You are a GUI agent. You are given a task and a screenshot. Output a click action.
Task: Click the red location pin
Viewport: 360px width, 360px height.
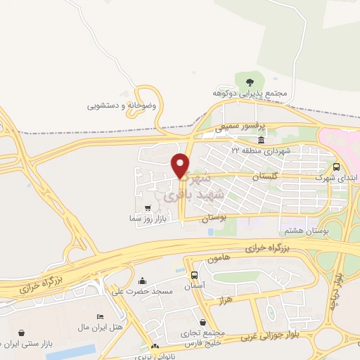181,165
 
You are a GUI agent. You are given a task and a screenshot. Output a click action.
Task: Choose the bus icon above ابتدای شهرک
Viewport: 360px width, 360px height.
336,167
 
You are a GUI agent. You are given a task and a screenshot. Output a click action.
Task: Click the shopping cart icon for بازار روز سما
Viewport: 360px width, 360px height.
147,208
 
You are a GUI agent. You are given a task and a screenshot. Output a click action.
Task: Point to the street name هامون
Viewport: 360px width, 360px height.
219,260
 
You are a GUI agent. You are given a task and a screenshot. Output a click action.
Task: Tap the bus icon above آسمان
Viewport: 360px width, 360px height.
193,275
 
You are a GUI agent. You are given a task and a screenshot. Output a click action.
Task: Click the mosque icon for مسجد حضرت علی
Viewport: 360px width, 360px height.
143,281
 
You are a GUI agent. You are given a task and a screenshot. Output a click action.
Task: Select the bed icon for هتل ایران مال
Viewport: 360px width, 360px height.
100,317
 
